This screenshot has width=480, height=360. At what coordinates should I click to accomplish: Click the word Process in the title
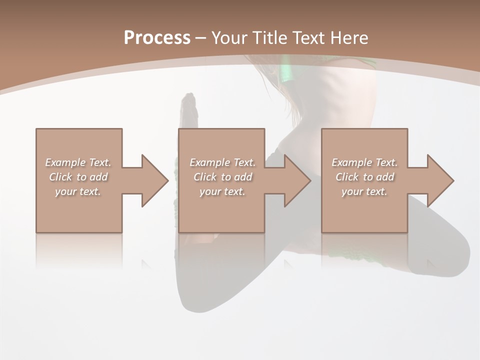[x=157, y=38]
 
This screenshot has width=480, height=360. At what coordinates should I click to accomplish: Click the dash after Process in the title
[x=201, y=38]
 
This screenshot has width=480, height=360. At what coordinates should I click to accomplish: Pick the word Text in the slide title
[x=309, y=38]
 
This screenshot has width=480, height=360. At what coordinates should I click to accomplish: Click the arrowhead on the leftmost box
[x=155, y=180]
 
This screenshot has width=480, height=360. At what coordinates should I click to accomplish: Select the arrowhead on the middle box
[x=297, y=180]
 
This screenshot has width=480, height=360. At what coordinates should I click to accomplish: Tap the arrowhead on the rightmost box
[x=440, y=180]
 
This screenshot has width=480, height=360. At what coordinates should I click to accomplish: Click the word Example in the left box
[x=65, y=162]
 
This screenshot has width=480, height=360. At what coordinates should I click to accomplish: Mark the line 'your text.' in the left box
[x=78, y=191]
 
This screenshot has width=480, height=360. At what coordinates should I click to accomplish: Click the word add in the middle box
[x=242, y=177]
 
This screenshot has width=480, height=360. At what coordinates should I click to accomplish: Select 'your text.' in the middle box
[x=222, y=191]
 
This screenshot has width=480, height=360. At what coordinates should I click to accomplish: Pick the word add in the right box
[x=384, y=177]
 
